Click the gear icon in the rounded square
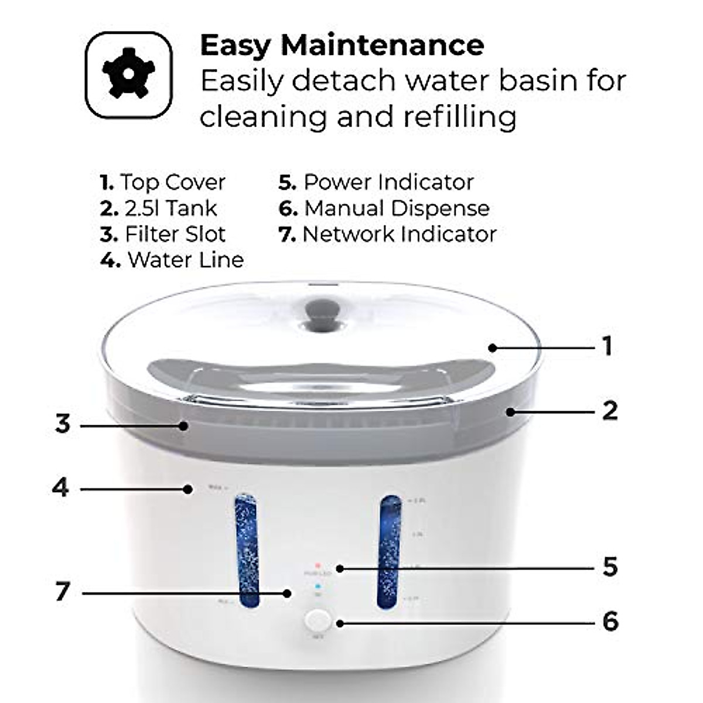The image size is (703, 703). [129, 75]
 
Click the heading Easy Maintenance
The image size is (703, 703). [342, 45]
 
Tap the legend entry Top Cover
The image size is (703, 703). [163, 182]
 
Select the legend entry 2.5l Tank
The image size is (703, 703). [159, 208]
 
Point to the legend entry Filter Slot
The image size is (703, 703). [163, 234]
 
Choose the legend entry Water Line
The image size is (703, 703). [172, 260]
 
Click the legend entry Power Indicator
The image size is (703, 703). [376, 182]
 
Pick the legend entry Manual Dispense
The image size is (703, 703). [384, 208]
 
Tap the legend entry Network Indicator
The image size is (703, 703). [388, 234]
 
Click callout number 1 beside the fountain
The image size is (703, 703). [608, 347]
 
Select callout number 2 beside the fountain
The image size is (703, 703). [610, 411]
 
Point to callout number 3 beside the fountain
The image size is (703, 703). [63, 424]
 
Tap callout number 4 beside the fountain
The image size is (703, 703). [60, 487]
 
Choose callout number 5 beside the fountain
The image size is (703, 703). [610, 567]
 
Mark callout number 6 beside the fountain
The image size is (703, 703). [610, 622]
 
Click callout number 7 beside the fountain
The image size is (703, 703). [63, 592]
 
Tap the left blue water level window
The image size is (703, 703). [247, 551]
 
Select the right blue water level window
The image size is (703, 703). [390, 551]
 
